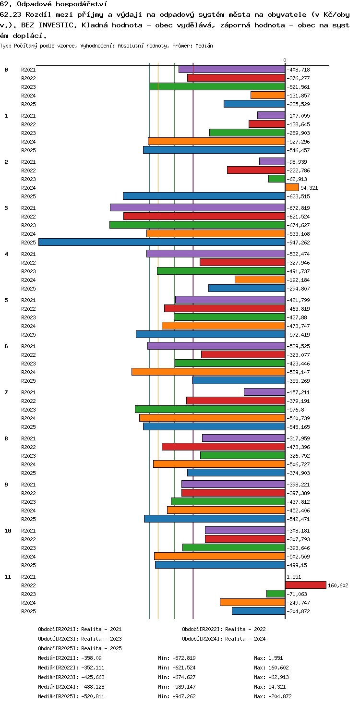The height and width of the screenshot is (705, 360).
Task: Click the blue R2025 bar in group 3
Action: (162, 242)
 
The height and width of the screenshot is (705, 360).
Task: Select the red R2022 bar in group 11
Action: (306, 585)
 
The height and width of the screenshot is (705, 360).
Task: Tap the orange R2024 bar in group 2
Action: (292, 187)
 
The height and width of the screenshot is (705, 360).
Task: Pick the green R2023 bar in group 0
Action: (217, 86)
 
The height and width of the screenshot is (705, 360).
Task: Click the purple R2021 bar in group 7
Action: (264, 392)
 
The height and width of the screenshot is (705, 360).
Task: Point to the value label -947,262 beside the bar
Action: (298, 243)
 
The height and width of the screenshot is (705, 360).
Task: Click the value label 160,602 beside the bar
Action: (338, 585)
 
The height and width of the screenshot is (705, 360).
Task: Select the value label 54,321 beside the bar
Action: (309, 188)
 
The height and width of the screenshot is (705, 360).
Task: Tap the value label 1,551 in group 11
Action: (294, 577)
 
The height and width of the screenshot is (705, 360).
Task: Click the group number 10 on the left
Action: (8, 531)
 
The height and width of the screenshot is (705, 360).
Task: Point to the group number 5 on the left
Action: (6, 300)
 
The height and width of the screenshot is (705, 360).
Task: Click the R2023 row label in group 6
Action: (28, 364)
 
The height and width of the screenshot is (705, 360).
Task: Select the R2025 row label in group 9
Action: (28, 519)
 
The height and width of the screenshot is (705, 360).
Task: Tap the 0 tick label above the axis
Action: (285, 60)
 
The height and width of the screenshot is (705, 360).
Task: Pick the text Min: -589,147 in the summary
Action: (177, 686)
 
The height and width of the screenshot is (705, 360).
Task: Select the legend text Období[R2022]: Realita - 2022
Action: (224, 629)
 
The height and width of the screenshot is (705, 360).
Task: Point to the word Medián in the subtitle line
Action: (204, 46)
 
